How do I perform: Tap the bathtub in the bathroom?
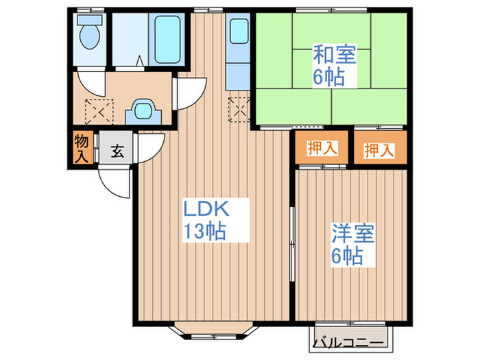tap(167, 39)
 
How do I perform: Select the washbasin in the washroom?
tap(144, 110)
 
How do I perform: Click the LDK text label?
tap(204, 208)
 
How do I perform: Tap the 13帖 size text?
tap(204, 232)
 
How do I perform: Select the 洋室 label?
tap(352, 234)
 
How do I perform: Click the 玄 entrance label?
tap(117, 152)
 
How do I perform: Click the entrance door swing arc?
tap(112, 180)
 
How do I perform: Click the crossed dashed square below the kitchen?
tap(239, 107)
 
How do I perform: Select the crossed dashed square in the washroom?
tap(96, 109)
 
